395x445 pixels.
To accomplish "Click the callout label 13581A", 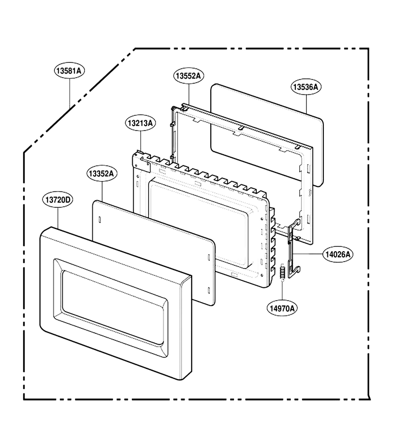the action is pyautogui.click(x=70, y=71).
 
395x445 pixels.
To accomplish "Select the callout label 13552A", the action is pyautogui.click(x=189, y=76).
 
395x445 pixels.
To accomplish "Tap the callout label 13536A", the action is pyautogui.click(x=306, y=87).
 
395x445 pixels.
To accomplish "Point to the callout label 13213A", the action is pyautogui.click(x=141, y=123).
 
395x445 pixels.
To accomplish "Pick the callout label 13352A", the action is pyautogui.click(x=101, y=173).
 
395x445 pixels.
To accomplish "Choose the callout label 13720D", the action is pyautogui.click(x=58, y=200).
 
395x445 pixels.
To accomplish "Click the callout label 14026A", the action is pyautogui.click(x=338, y=254).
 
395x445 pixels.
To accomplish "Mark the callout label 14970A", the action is pyautogui.click(x=282, y=308).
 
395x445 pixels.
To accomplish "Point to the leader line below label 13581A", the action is pyautogui.click(x=70, y=93).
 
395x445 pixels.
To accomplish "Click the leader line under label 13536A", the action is pyautogui.click(x=307, y=104).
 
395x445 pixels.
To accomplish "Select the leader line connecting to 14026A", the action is pyautogui.click(x=308, y=254).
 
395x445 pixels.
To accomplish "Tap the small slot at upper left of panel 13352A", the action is pyautogui.click(x=99, y=220).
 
